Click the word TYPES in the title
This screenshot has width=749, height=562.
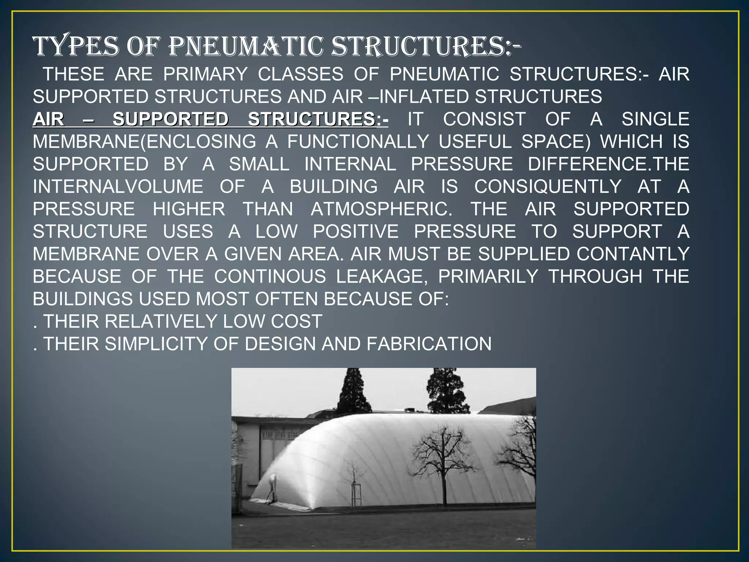[76, 47]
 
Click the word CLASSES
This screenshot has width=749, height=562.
[301, 74]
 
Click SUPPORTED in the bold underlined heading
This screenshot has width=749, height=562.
[170, 119]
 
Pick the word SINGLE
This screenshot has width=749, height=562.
[655, 119]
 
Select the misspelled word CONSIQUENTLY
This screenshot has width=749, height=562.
[547, 187]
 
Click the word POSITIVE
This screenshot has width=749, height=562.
[355, 232]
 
